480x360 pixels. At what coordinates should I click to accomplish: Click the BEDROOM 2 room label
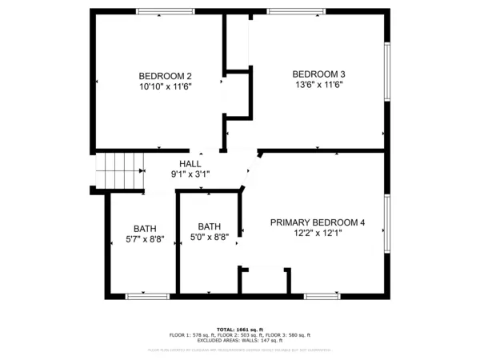click(165, 77)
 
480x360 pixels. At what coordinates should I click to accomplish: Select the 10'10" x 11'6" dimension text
click(165, 86)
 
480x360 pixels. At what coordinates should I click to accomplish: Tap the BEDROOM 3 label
click(318, 74)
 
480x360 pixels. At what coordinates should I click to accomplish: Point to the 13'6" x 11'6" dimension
click(318, 84)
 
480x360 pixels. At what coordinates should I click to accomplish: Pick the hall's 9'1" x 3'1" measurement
click(190, 174)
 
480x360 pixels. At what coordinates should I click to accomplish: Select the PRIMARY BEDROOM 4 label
click(317, 222)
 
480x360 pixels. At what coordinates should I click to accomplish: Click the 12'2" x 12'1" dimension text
click(317, 234)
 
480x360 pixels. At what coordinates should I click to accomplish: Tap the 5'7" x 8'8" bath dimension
click(145, 238)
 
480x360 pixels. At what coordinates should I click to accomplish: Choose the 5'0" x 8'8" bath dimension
click(210, 237)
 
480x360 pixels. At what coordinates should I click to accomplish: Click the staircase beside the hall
click(118, 169)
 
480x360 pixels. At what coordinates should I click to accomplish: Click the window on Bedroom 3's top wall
click(296, 11)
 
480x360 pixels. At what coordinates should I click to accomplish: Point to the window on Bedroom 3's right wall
click(387, 78)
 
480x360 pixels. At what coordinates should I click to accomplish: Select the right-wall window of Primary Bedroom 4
click(387, 225)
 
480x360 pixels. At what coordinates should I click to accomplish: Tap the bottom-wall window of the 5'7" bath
click(147, 296)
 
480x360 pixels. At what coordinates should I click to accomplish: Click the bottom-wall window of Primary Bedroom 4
click(322, 296)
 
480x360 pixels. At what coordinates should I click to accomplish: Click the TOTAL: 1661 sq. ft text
click(240, 330)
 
